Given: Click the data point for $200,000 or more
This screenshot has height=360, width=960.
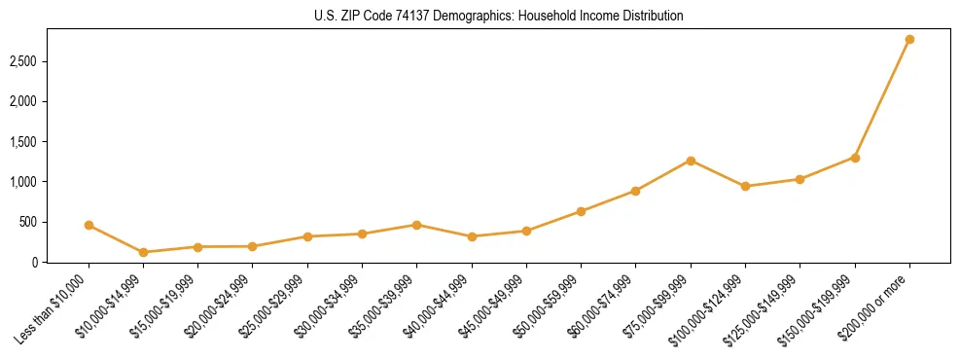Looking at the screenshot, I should [909, 39].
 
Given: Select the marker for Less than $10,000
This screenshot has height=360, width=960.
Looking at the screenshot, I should [89, 225].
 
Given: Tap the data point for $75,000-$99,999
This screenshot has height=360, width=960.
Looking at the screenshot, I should [691, 161].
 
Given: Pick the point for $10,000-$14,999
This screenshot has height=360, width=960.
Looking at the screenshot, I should [143, 252].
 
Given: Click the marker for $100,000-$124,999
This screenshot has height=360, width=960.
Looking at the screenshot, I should [745, 186].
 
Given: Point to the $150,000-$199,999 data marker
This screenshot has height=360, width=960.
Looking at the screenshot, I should [855, 158].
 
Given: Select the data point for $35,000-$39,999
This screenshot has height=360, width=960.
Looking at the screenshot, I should [416, 225].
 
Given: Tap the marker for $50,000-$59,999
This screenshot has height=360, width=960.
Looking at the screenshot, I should [581, 211].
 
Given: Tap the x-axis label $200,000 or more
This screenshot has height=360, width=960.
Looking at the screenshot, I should [878, 302].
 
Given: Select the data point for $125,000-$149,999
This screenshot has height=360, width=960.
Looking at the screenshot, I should [800, 179].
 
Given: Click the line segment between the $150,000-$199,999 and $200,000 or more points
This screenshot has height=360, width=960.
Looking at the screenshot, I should [882, 98].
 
